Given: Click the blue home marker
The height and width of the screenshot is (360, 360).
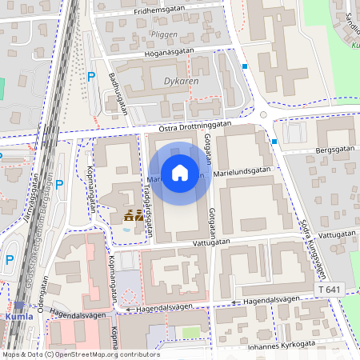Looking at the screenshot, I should click(180, 173).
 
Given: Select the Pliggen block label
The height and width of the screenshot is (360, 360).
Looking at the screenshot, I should click(163, 35).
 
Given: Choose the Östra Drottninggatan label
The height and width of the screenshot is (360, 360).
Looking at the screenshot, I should click(195, 126).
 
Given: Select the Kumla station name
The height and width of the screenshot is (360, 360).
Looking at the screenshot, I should click(20, 316).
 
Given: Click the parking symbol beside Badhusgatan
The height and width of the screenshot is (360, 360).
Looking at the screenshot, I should click(91, 77).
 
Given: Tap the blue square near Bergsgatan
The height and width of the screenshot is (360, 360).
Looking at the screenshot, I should click(274, 142).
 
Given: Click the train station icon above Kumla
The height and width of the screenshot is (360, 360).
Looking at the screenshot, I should click(18, 305).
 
